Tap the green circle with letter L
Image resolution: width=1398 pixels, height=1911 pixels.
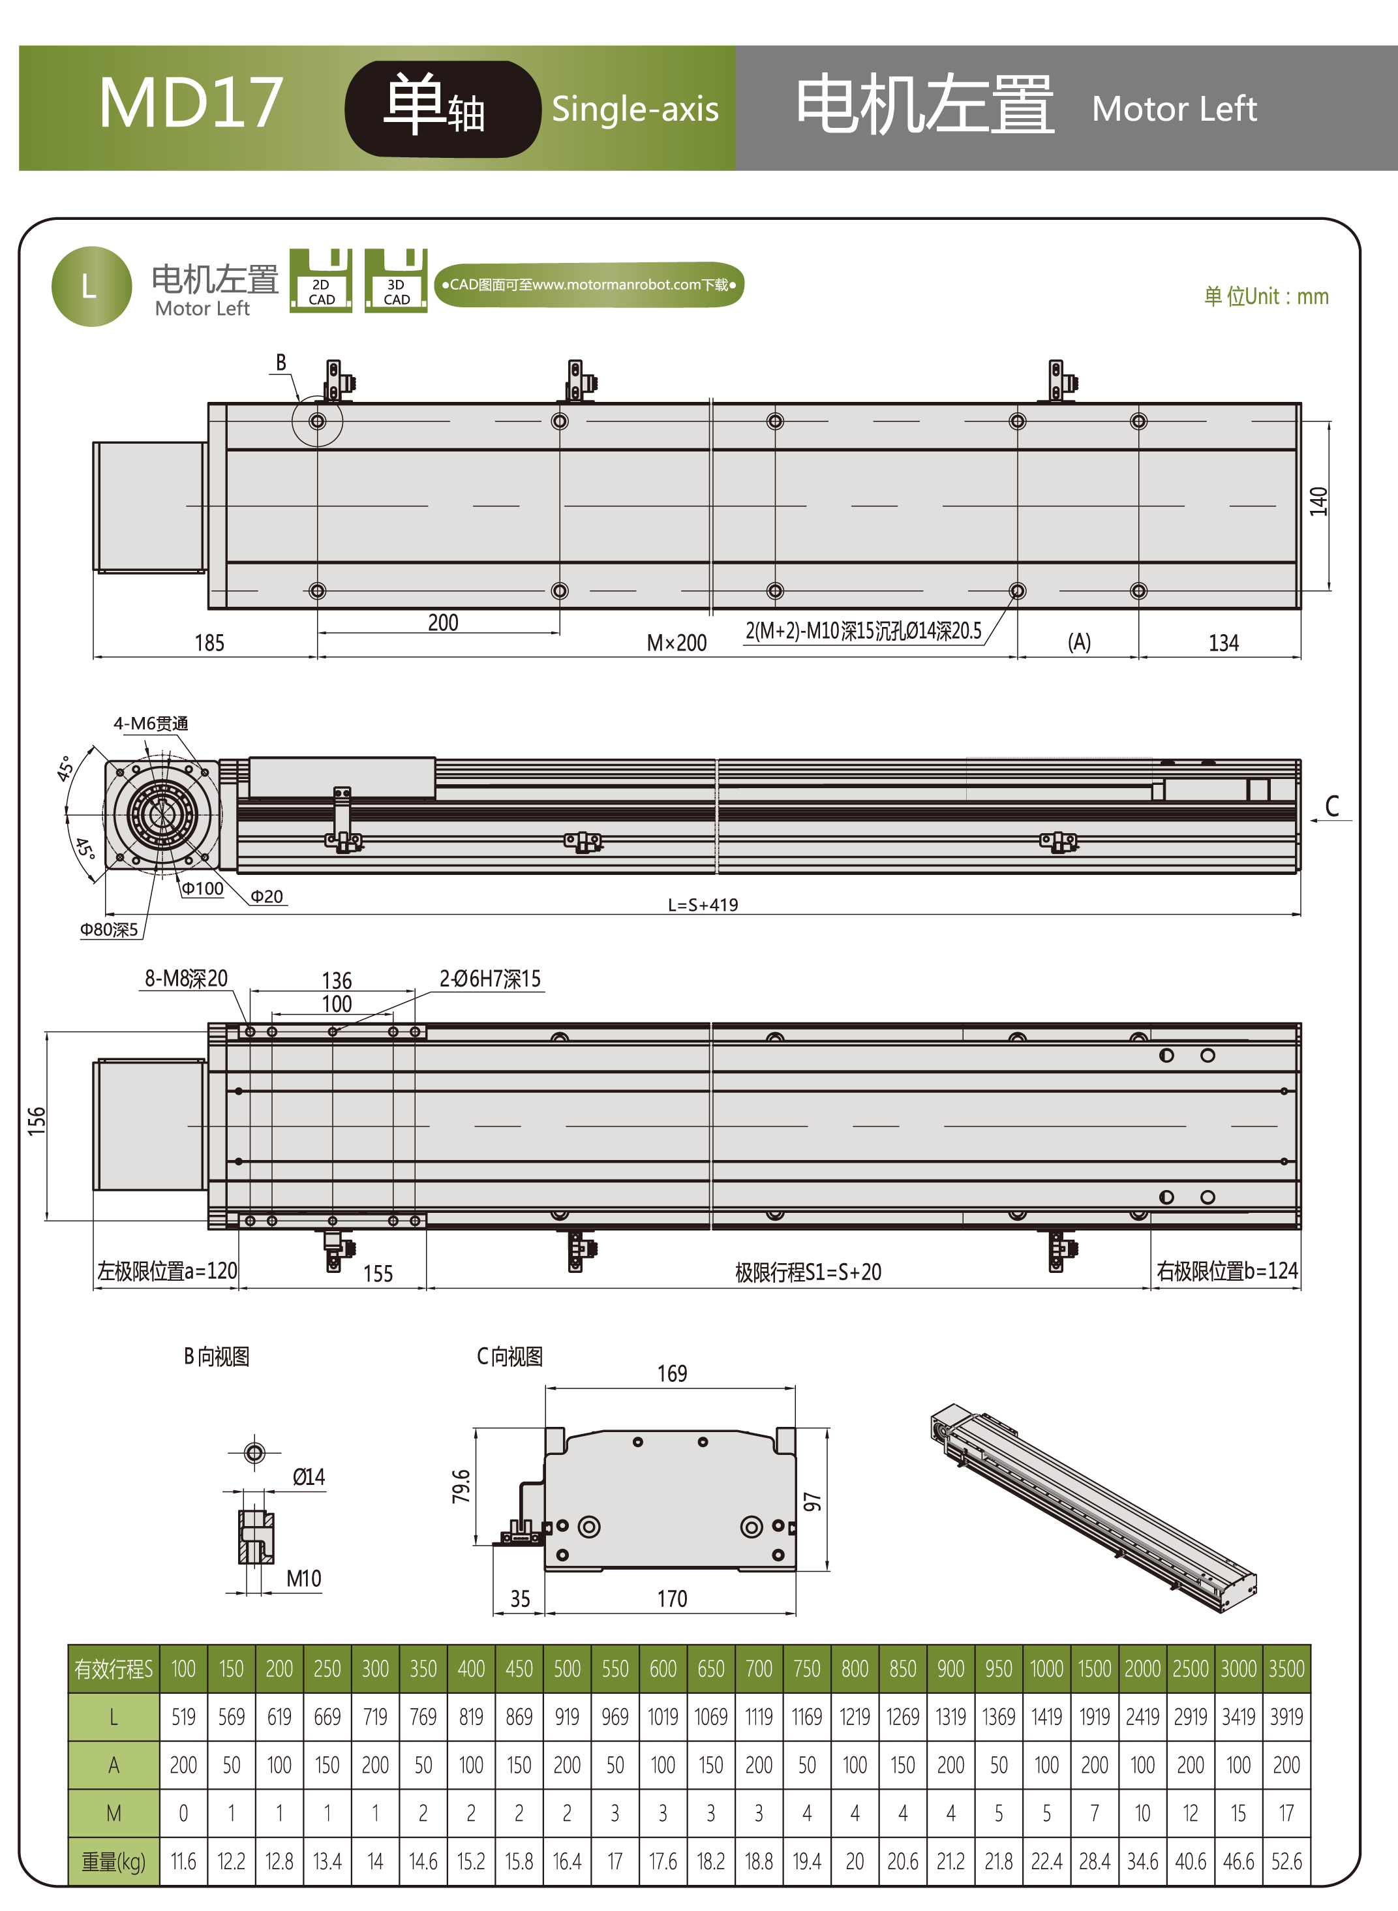(91, 286)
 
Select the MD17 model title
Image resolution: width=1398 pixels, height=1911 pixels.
(190, 103)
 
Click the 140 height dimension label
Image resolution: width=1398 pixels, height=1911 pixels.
(1318, 502)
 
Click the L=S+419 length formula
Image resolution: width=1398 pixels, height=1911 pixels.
(703, 905)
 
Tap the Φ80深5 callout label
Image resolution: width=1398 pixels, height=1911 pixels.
(109, 929)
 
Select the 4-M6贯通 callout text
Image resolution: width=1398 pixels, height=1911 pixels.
(151, 724)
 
